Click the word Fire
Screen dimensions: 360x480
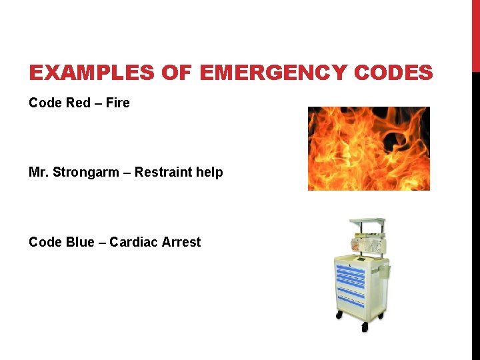118,103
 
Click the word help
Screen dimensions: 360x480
208,173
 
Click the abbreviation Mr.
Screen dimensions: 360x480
39,173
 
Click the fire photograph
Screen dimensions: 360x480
368,148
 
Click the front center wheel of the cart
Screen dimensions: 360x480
364,327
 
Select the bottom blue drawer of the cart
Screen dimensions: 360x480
351,298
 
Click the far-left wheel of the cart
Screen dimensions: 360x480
339,314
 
